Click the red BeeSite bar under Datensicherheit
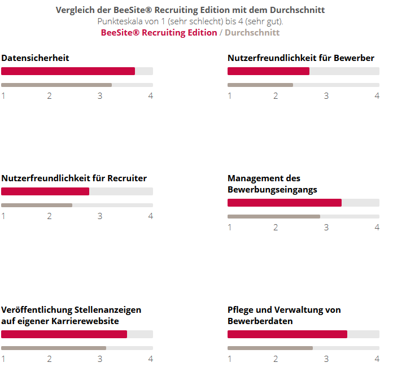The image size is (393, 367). click(68, 71)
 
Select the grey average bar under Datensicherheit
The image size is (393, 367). click(56, 85)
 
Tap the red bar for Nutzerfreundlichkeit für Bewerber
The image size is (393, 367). click(268, 71)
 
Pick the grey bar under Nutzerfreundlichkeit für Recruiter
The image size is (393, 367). click(37, 205)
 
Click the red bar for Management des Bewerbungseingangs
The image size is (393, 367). click(285, 203)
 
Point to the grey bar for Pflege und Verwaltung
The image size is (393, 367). click(270, 348)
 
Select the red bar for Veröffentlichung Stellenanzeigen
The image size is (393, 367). click(64, 334)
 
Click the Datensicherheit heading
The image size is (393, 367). click(35, 58)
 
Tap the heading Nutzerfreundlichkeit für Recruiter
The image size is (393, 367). click(74, 178)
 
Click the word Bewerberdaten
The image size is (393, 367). click(260, 321)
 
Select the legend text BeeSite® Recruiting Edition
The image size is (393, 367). click(159, 33)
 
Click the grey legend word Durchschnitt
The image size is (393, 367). click(252, 33)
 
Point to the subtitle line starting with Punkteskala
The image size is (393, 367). click(190, 21)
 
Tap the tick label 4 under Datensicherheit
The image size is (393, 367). click(151, 96)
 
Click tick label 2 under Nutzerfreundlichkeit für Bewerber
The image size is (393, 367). click(276, 96)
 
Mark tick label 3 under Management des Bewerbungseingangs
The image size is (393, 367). click(326, 228)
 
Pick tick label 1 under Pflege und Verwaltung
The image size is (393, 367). click(230, 359)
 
